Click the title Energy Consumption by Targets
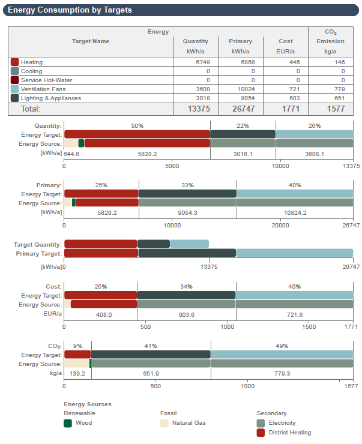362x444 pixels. click(x=70, y=10)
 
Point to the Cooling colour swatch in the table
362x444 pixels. click(x=15, y=71)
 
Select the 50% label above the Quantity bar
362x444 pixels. click(x=137, y=126)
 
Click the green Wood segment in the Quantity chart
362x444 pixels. click(x=81, y=143)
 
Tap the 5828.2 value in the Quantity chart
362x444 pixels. click(x=147, y=154)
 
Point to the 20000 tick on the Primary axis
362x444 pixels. click(x=281, y=226)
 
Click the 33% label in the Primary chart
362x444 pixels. click(x=187, y=185)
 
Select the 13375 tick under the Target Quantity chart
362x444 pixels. click(x=208, y=266)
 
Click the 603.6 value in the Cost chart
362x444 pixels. click(x=187, y=314)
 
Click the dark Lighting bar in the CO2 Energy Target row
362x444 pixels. click(x=151, y=355)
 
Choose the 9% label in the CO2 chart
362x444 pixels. click(x=77, y=346)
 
